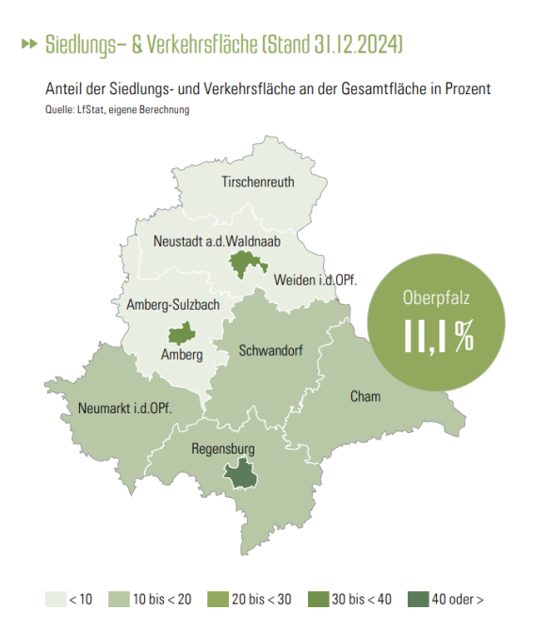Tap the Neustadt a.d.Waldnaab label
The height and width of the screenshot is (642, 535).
click(x=217, y=242)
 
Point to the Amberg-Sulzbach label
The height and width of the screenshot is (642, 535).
click(x=172, y=305)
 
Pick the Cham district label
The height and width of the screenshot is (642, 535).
click(x=365, y=396)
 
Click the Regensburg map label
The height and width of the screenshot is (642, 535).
click(x=222, y=449)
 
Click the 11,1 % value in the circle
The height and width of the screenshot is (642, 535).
click(x=438, y=336)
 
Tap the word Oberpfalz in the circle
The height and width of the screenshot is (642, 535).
click(x=437, y=299)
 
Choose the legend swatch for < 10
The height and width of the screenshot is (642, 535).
click(x=55, y=599)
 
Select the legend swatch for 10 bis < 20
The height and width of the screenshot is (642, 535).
click(x=120, y=599)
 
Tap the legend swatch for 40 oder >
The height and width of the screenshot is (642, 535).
click(x=414, y=599)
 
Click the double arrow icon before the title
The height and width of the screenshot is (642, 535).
click(x=30, y=44)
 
